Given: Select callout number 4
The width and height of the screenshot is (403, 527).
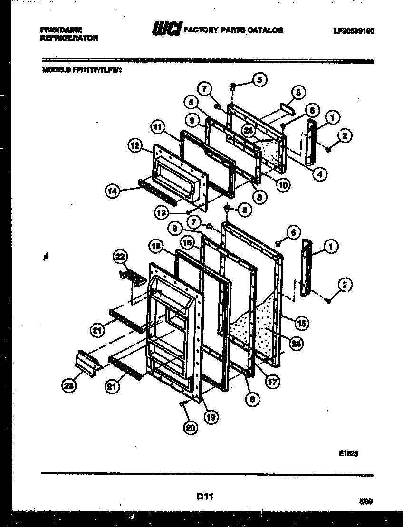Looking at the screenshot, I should pyautogui.click(x=320, y=174).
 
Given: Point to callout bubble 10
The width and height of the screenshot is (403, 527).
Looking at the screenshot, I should pyautogui.click(x=284, y=185).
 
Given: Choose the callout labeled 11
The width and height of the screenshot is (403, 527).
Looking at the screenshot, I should pyautogui.click(x=158, y=128).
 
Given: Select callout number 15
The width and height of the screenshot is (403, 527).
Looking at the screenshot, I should pyautogui.click(x=301, y=323).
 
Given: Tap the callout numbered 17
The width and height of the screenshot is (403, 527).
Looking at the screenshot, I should pyautogui.click(x=273, y=381).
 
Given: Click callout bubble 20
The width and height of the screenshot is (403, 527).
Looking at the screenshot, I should pyautogui.click(x=191, y=428).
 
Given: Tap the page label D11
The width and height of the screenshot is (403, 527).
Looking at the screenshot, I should pyautogui.click(x=204, y=497).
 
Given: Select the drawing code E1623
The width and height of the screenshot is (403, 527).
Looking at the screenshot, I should pyautogui.click(x=348, y=454).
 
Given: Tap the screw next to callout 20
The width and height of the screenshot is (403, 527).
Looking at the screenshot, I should pyautogui.click(x=182, y=403).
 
